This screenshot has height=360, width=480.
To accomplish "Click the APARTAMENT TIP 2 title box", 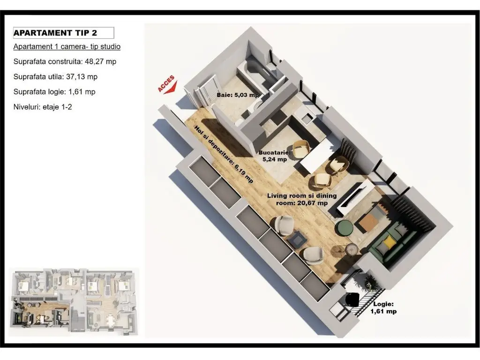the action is tap(63, 33).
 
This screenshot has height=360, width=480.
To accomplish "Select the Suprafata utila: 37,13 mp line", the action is tap(55, 76).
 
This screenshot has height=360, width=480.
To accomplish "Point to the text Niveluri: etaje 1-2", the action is tap(43, 107).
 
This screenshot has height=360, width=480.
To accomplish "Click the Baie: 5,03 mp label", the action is tap(238, 95).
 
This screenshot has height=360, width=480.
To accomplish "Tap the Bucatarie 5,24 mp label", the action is tap(275, 156).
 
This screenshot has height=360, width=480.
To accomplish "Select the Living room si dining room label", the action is tap(302, 199).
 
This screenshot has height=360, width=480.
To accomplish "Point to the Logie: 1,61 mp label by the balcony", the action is tap(383, 307).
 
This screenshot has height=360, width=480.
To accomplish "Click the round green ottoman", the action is tap(345, 228).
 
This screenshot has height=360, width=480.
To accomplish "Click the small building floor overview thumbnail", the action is tap(74, 302).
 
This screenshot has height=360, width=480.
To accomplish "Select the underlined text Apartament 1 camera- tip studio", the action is tap(67, 46).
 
